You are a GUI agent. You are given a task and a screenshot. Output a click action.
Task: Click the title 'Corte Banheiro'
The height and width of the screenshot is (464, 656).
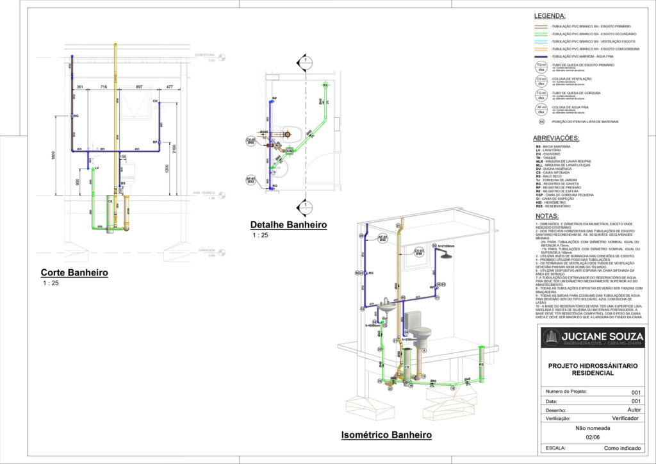coord(74,272)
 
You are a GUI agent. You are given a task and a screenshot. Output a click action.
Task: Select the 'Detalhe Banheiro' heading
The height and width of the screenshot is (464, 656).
coord(288,225)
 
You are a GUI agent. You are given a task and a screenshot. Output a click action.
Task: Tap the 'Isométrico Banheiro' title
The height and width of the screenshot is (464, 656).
coord(386,435)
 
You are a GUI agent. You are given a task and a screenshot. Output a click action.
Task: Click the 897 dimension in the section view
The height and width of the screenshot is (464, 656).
coord(139,87)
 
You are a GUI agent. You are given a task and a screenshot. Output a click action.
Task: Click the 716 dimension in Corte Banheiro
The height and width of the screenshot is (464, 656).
coord(104,87)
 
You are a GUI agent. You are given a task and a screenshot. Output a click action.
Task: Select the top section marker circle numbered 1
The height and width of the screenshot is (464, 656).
coord(306,62)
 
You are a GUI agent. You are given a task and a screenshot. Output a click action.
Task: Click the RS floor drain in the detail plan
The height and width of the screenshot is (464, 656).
coord(325,85)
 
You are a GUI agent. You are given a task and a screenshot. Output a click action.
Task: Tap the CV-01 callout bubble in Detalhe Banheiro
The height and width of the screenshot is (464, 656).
coord(251,141)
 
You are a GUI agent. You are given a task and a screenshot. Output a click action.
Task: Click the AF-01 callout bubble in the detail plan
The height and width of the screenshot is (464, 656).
coord(251,180)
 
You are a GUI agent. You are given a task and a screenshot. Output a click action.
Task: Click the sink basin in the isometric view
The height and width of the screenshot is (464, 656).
coord(387,307)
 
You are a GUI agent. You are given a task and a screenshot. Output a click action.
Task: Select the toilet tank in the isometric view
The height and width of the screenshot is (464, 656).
coord(414,319)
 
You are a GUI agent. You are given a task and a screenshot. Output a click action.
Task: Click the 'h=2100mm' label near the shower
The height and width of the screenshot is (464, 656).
coord(447,246)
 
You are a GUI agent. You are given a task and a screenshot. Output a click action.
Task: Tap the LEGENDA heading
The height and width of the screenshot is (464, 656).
coord(549,15)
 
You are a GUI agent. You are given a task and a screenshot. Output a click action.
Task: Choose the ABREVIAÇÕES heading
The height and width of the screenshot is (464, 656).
coord(556,138)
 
